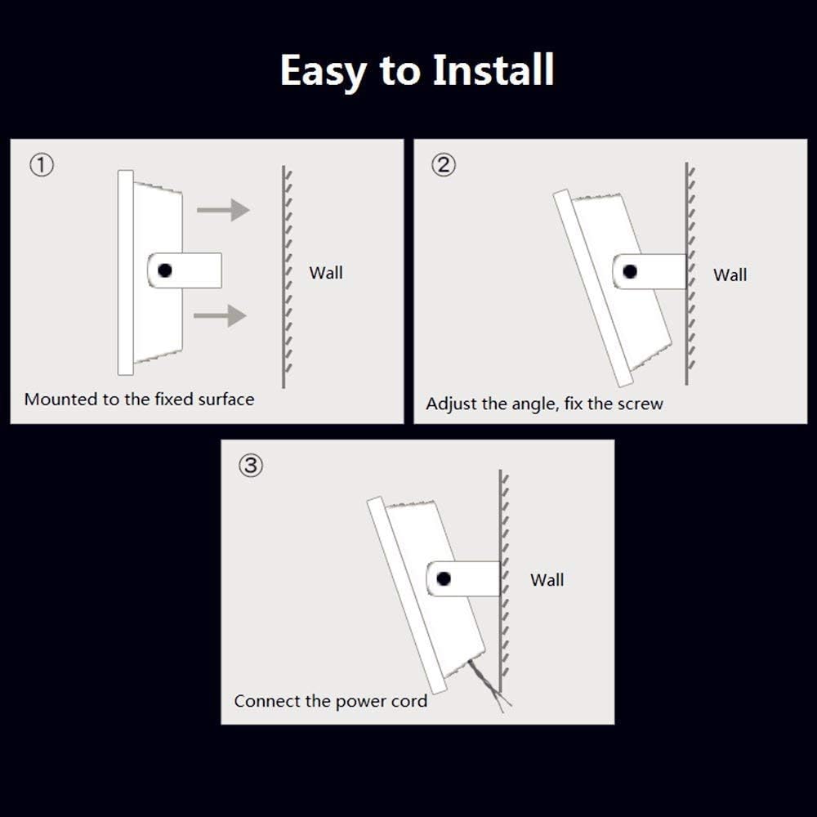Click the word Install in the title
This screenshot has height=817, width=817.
coord(493,70)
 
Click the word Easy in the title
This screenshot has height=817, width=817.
coord(324,72)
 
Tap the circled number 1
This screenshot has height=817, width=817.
coord(42,165)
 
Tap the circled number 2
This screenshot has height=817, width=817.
coord(443,165)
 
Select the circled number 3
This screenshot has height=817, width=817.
coord(250,466)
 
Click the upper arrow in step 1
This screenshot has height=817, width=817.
coord(223,210)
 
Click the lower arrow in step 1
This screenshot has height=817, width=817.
coord(221,315)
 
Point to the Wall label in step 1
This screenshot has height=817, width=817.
coord(326,273)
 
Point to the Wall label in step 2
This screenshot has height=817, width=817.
coord(730,275)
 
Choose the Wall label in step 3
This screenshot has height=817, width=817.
coord(547,580)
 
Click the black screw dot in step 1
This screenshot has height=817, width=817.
coord(165,270)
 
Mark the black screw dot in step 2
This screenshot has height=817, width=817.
coord(629,272)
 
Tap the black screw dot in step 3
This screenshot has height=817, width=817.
coord(444,578)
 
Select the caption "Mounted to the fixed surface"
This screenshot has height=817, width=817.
coord(139,400)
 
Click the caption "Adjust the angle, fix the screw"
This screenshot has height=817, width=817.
coord(544,404)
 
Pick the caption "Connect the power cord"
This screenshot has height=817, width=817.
coord(330,701)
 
